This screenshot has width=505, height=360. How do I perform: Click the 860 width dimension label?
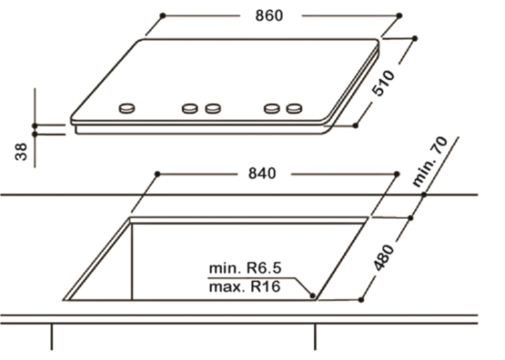click(x=269, y=15)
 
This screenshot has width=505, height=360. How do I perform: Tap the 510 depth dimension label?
click(x=383, y=82)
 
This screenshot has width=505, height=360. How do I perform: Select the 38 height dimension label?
click(x=21, y=152)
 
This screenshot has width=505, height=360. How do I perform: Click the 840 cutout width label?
click(x=262, y=174)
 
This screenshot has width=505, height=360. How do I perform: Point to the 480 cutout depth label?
click(x=383, y=257)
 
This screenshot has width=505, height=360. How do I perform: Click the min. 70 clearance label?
click(x=430, y=161)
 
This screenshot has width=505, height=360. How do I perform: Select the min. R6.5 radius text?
click(x=245, y=268)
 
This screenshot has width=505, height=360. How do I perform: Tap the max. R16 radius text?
click(x=245, y=287)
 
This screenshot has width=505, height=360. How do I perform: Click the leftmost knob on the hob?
click(x=127, y=109)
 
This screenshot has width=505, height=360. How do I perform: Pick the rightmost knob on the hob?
click(x=294, y=109)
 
